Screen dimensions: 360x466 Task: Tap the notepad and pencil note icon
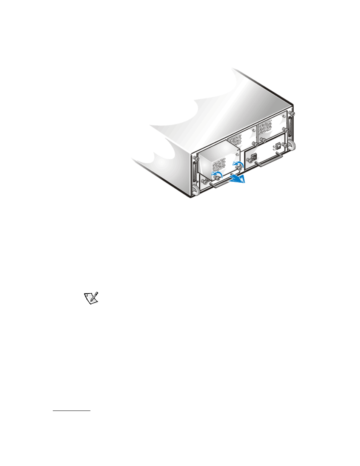click(x=91, y=298)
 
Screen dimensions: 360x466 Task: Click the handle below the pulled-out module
click(x=220, y=183)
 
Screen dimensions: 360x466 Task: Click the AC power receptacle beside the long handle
click(x=254, y=156)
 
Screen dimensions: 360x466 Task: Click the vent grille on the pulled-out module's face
click(x=218, y=165)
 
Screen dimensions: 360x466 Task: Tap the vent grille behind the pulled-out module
click(x=235, y=140)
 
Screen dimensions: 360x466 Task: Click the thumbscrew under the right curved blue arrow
click(x=238, y=168)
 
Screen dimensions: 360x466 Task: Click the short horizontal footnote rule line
click(x=72, y=411)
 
